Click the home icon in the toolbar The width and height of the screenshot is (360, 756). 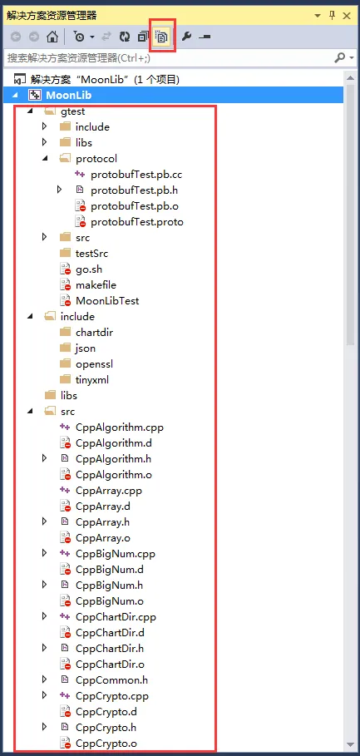tap(52, 37)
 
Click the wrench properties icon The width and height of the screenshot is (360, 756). tap(186, 37)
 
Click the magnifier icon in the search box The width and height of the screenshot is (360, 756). tap(339, 58)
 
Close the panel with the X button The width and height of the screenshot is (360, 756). tap(347, 16)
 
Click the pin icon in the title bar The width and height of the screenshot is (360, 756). tap(332, 16)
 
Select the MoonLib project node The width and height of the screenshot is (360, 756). tap(68, 95)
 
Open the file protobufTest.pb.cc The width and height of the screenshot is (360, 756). tap(136, 174)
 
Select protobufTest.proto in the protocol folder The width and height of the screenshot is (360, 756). tap(137, 222)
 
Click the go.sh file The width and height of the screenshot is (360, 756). tap(89, 269)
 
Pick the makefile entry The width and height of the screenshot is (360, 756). tap(96, 285)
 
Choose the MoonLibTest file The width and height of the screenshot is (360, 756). tap(107, 301)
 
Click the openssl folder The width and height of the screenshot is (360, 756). tap(95, 364)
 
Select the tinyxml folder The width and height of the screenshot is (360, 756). tap(92, 380)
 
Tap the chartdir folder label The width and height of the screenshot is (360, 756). tap(95, 332)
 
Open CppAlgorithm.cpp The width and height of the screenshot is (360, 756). tap(116, 427)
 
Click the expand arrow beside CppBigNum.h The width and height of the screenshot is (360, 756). tap(45, 585)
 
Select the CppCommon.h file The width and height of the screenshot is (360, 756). tap(111, 679)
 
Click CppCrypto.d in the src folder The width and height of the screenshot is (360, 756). tap(110, 712)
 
